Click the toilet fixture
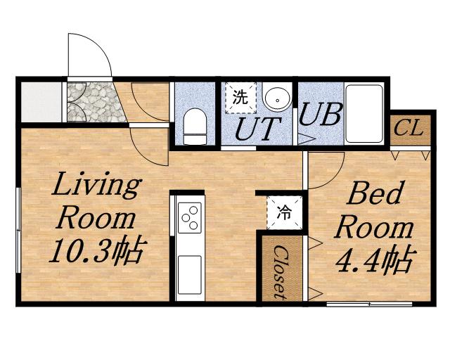195,127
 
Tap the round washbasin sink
278,98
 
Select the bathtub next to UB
364,113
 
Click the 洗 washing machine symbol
240,98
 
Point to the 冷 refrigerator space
284,213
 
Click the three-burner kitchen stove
190,217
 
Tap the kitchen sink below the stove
190,275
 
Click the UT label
257,129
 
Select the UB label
321,114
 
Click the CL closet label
409,129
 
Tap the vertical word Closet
280,272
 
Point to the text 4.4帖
375,260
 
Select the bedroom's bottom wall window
369,304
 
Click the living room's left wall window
18,230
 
